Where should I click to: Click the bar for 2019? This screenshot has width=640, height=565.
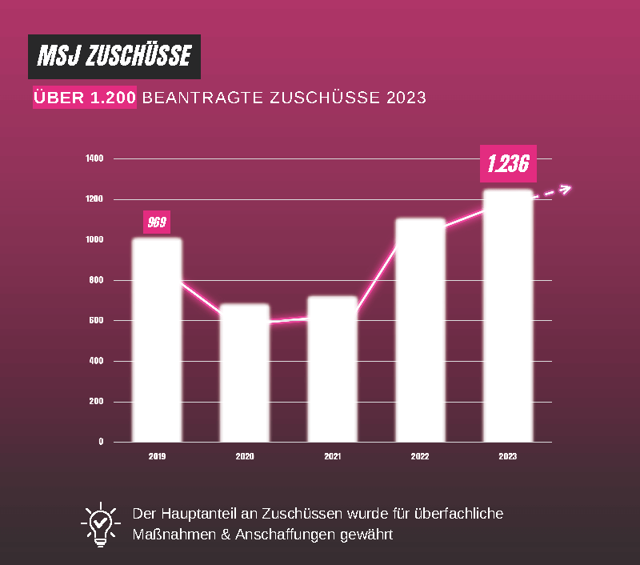(157, 340)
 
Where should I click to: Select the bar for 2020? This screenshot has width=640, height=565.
(245, 372)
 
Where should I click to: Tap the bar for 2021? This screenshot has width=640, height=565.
(332, 368)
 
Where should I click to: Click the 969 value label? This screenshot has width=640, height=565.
(157, 222)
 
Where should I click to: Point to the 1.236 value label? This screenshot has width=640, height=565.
(508, 163)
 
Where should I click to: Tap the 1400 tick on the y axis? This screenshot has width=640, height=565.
(95, 158)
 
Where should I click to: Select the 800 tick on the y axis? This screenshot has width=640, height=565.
(96, 280)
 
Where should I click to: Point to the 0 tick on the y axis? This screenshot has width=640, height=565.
(101, 441)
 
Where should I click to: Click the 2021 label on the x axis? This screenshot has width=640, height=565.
(332, 456)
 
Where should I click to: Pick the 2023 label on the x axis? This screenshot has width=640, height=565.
(508, 456)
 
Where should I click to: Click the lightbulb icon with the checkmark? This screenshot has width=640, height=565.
(100, 524)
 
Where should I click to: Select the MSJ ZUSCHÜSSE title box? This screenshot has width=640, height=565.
(114, 57)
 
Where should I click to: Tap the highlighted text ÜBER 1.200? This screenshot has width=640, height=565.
(85, 98)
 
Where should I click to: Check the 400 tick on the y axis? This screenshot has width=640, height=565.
(96, 361)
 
